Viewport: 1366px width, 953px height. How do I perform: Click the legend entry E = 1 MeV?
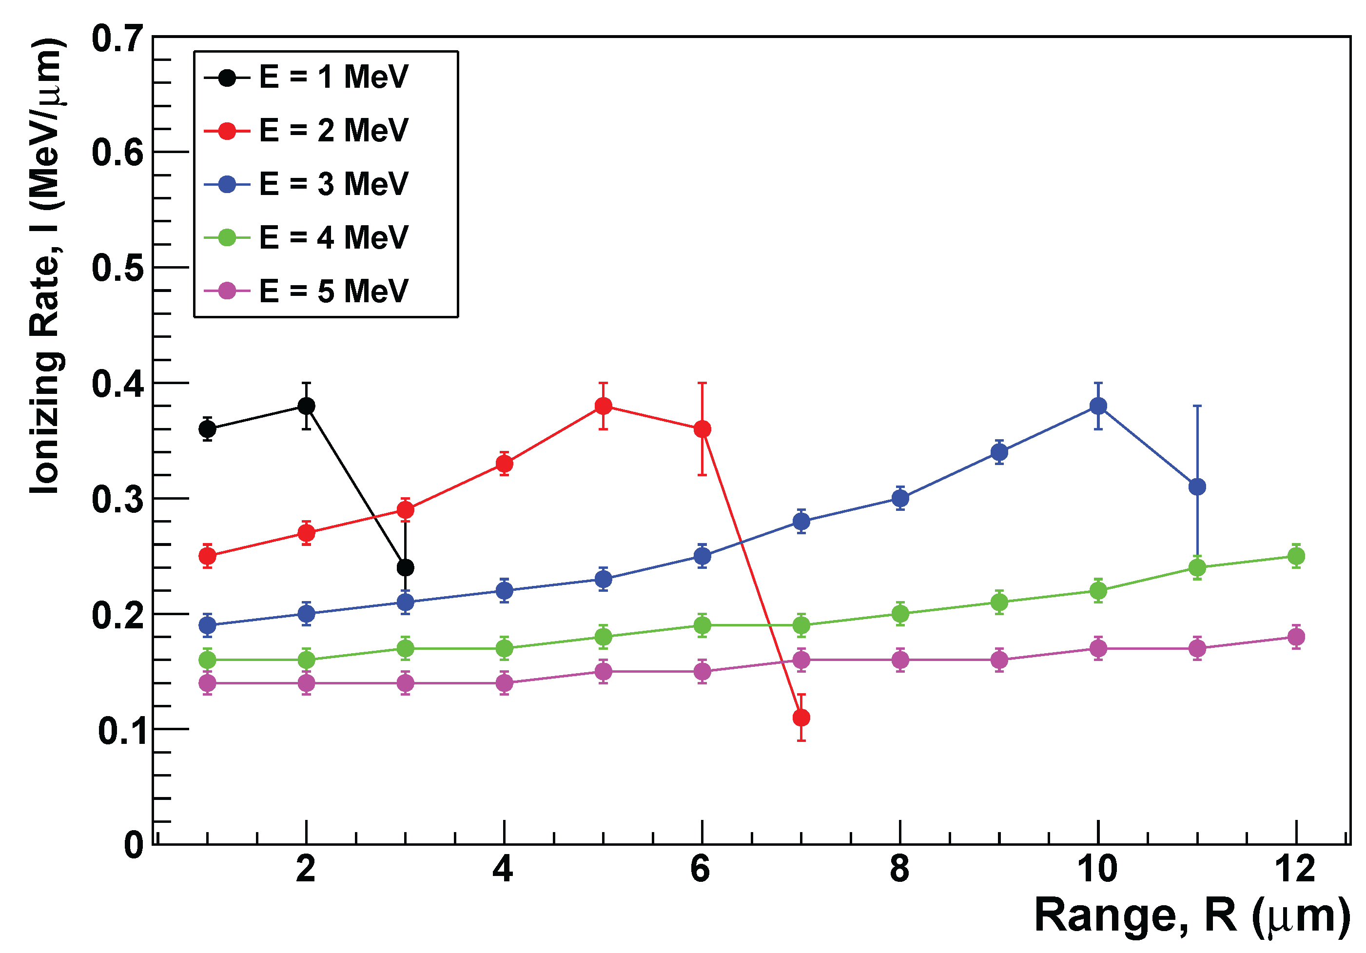[333, 78]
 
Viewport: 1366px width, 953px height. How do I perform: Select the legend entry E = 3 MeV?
[333, 184]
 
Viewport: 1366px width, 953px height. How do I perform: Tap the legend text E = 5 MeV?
[333, 291]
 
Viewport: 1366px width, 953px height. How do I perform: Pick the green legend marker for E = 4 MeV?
[227, 237]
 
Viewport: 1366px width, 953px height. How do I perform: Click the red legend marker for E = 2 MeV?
[227, 131]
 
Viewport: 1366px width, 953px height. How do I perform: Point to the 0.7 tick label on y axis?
[118, 39]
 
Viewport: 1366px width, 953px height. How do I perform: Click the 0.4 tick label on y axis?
[118, 384]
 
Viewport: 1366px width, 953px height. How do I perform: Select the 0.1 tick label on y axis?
[121, 731]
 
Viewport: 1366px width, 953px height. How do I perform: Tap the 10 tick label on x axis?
[1098, 870]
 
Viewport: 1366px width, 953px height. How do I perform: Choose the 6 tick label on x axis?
[701, 870]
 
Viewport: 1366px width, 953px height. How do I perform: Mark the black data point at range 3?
[405, 567]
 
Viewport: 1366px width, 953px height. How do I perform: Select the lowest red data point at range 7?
[801, 718]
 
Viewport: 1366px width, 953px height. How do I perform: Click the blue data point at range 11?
[1197, 486]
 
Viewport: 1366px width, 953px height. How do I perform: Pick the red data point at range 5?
[603, 406]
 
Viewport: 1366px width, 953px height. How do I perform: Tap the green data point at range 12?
[1296, 556]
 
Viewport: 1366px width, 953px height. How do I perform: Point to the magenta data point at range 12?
[1296, 637]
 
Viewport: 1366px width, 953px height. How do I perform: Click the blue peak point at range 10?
[1098, 406]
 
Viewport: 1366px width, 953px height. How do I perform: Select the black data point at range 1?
[207, 428]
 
